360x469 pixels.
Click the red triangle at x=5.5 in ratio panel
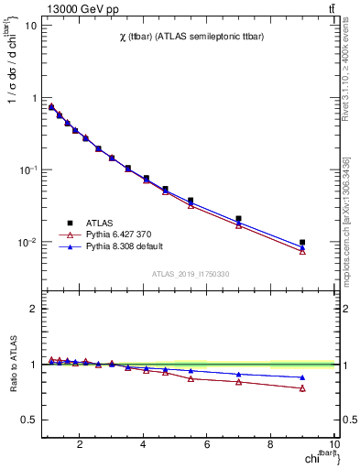pyautogui.click(x=191, y=378)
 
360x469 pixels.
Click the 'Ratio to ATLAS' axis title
pyautogui.click(x=12, y=365)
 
